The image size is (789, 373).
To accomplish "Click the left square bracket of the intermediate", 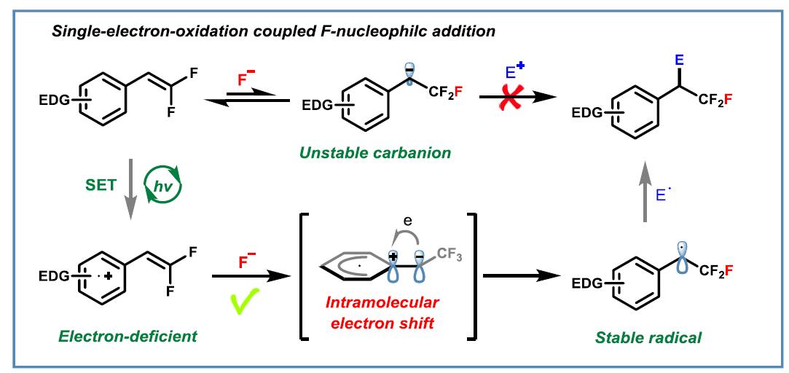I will point(300,276).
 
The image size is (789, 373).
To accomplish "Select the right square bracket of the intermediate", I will point(475,276).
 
